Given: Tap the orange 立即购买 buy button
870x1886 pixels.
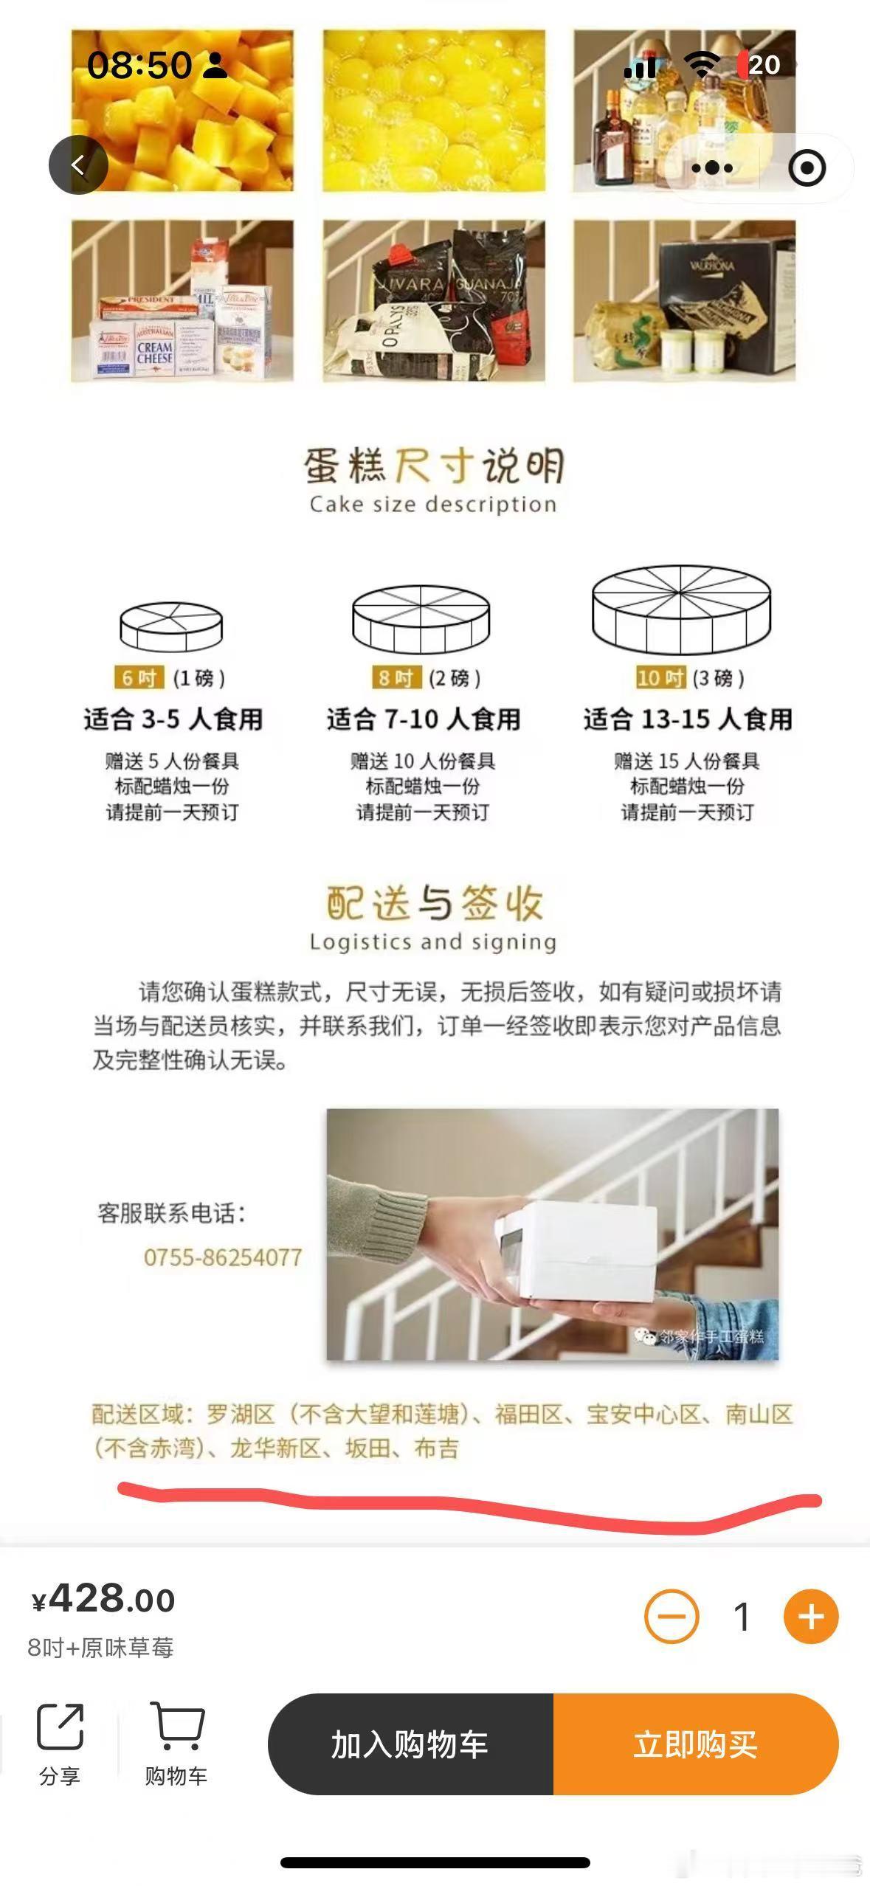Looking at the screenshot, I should click(x=695, y=1744).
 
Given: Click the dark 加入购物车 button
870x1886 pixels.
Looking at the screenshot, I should click(x=410, y=1744).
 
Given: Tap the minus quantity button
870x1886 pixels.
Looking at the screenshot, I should click(x=671, y=1617).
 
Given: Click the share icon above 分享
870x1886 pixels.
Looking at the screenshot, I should click(x=60, y=1726).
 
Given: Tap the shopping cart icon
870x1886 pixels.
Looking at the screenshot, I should click(x=176, y=1726).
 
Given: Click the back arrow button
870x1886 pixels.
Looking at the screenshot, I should click(x=78, y=165).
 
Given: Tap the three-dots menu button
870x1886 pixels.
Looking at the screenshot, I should click(x=712, y=168).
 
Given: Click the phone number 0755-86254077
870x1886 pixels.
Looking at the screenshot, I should click(x=223, y=1257).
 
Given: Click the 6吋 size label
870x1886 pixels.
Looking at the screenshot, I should click(x=139, y=677).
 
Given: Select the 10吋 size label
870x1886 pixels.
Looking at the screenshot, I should click(x=660, y=677).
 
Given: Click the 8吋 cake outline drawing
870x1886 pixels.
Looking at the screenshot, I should click(x=421, y=620).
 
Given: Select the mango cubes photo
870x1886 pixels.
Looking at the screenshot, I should click(x=182, y=111).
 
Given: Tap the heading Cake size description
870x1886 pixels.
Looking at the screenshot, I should click(x=433, y=505).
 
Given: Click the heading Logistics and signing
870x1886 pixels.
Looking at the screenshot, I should click(x=433, y=942).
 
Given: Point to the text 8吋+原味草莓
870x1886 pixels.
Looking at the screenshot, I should click(x=101, y=1648).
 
